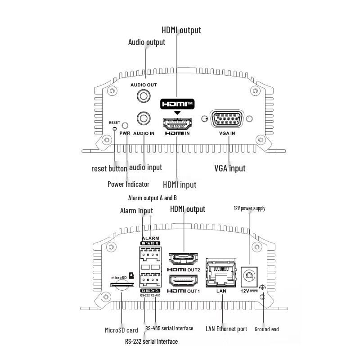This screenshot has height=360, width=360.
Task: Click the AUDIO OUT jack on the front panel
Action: coord(144,96)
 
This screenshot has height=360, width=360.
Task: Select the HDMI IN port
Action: coord(177,123)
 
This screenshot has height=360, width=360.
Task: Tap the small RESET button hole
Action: coord(115,129)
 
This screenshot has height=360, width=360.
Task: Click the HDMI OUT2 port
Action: coord(184,259)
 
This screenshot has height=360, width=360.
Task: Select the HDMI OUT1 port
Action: coord(184,281)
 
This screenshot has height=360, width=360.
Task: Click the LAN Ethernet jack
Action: coord(220,273)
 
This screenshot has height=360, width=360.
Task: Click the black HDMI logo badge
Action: coord(177,103)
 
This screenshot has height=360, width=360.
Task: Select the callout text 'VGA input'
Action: coord(229,168)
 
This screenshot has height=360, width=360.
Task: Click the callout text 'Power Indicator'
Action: coord(128,184)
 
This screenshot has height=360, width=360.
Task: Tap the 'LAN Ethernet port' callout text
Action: coord(226,329)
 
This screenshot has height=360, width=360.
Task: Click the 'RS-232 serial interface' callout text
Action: coord(151,342)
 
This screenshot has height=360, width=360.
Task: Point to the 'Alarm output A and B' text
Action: coord(153,198)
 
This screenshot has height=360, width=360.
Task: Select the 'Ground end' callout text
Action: coord(266,329)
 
